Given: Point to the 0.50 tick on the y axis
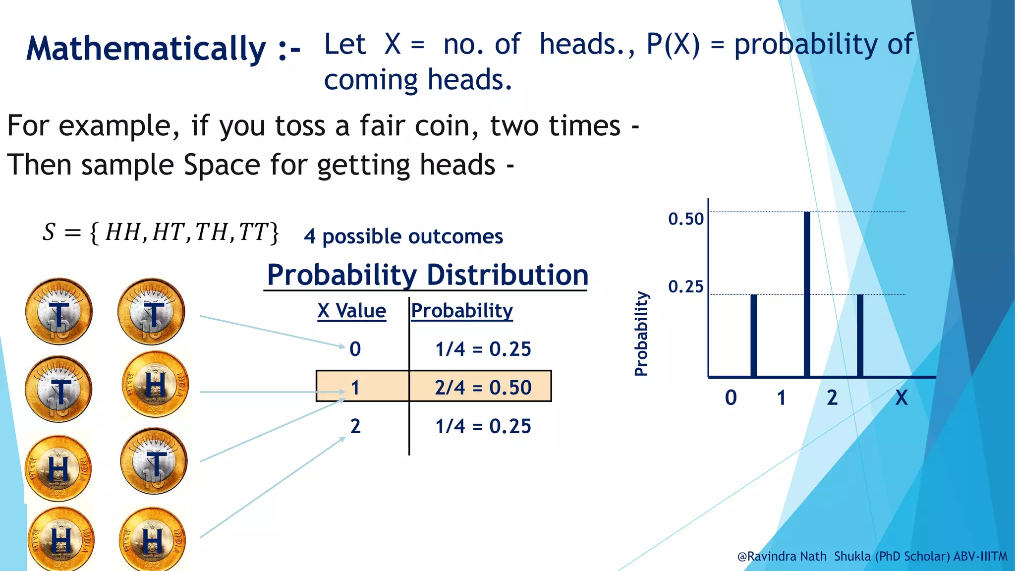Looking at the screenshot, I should click(686, 219).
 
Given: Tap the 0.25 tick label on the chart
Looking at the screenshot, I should click(686, 286).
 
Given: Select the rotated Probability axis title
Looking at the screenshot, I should click(641, 333).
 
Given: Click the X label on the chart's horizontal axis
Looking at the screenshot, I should click(902, 398).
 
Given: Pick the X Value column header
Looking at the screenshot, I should click(352, 311).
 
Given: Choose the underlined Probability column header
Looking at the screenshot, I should click(462, 311).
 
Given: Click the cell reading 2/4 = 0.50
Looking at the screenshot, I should click(483, 387).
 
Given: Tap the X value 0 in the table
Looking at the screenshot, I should click(355, 349).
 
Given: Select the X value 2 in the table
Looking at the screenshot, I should click(355, 426).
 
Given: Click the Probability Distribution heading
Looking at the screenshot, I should click(427, 275).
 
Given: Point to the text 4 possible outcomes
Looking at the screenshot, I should click(403, 236).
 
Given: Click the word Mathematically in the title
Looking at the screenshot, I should click(146, 49).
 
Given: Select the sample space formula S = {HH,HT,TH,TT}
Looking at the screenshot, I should click(161, 232).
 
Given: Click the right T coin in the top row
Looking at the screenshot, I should click(152, 312).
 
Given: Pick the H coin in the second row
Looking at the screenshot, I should click(155, 384).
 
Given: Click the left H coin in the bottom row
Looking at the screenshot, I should click(60, 539).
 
